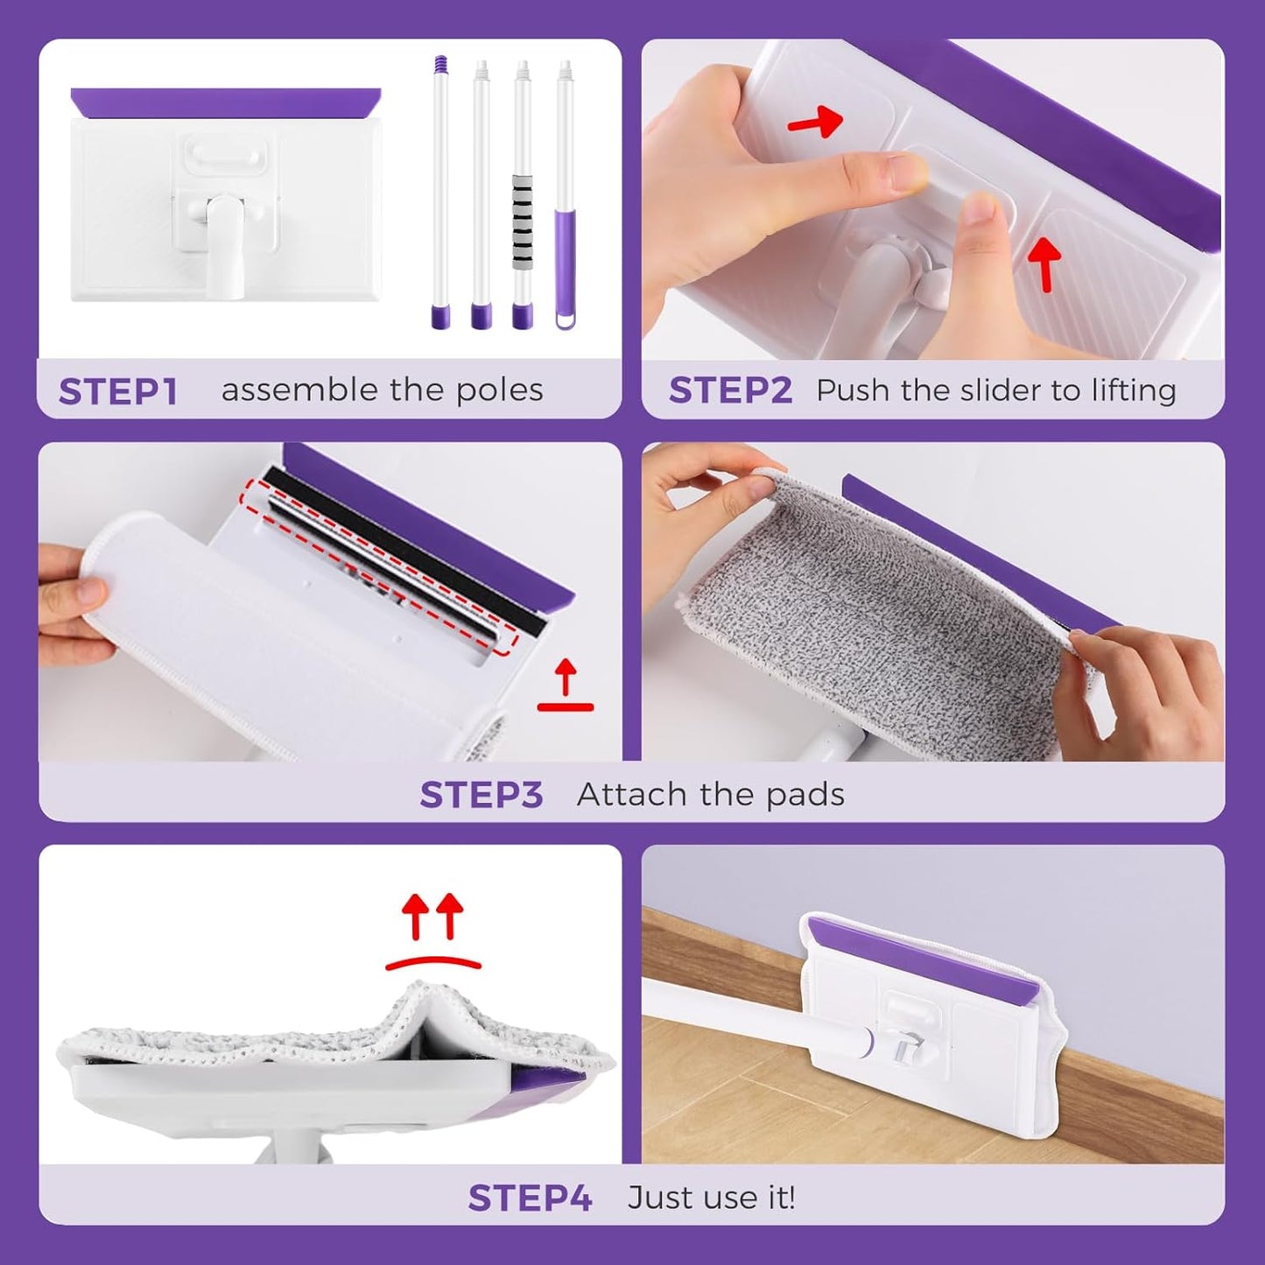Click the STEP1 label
tap(118, 391)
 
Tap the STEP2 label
tap(730, 390)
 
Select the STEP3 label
tap(481, 795)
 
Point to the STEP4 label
tap(530, 1198)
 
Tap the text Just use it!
tap(711, 1198)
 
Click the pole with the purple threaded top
tap(440, 193)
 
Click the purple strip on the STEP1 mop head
tap(226, 102)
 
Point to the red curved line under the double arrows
tap(433, 962)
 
